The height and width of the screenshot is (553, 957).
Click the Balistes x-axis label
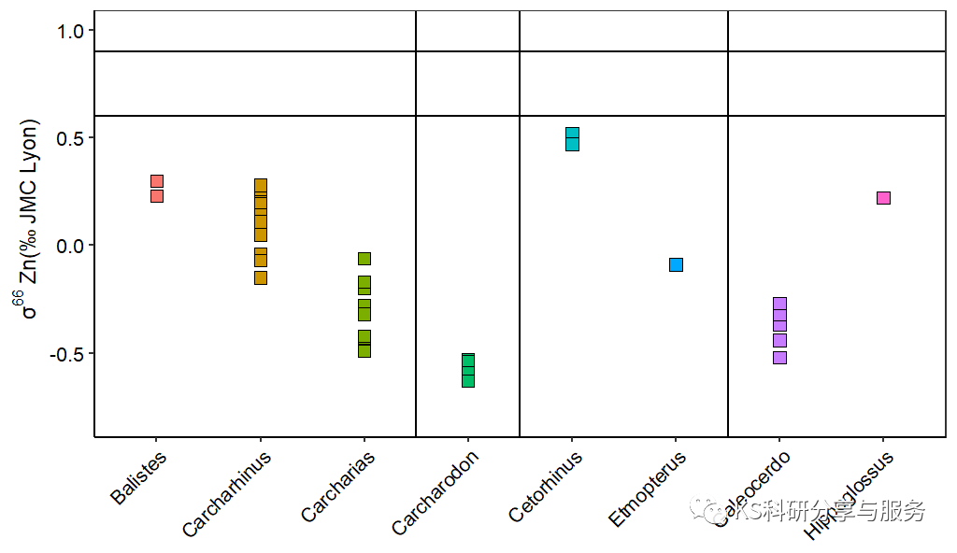click(x=138, y=478)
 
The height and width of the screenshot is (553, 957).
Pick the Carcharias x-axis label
click(x=338, y=487)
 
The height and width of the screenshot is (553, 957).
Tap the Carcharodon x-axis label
click(x=436, y=492)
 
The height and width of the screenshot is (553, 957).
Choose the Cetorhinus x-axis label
click(x=546, y=486)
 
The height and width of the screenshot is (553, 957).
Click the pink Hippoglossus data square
click(x=883, y=198)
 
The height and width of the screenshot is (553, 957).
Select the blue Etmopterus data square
click(x=676, y=264)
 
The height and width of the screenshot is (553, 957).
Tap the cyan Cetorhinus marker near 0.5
click(x=572, y=139)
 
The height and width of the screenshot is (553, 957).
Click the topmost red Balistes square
click(x=157, y=181)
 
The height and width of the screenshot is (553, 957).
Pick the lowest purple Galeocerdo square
click(x=779, y=358)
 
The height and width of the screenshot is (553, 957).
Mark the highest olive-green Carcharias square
click(x=364, y=259)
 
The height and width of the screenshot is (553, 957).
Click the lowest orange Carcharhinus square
click(x=261, y=277)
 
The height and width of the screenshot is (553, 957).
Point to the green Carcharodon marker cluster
click(x=468, y=371)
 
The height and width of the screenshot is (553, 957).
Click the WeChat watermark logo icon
click(x=700, y=510)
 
